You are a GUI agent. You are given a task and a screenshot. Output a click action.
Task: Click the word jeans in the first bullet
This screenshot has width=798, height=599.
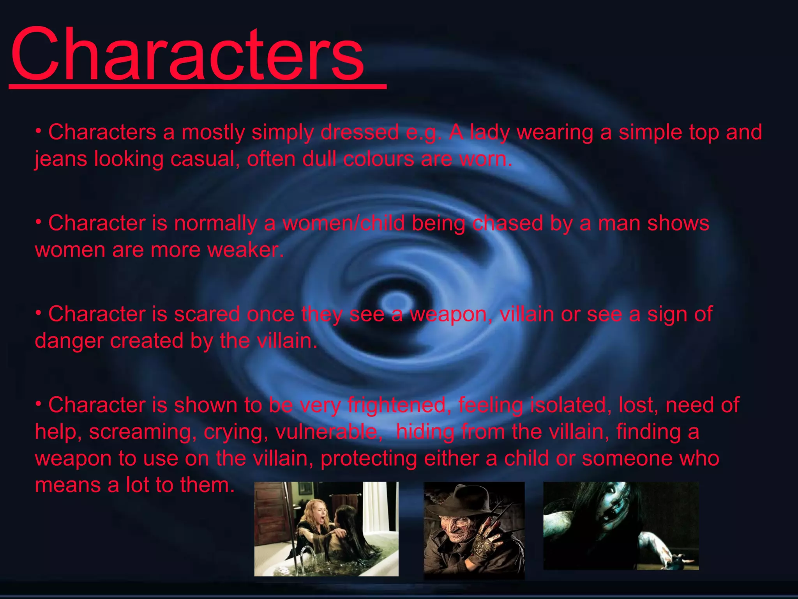click(60, 159)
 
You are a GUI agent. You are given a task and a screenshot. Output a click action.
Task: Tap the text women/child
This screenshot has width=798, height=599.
click(343, 223)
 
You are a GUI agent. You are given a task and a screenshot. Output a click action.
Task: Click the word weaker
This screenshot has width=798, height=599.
click(245, 250)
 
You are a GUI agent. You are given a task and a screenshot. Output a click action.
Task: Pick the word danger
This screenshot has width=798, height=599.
click(69, 341)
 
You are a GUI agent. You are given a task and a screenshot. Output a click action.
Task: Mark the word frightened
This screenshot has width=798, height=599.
click(396, 405)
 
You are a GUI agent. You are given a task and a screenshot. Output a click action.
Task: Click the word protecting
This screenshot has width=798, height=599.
click(369, 459)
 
